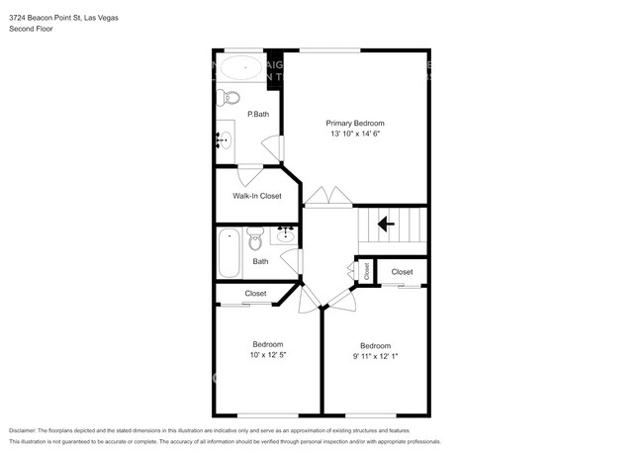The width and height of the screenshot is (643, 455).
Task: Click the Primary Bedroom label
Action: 355,123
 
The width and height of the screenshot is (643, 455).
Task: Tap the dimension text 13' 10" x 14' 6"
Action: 355,135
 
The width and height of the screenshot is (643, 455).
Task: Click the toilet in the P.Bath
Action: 230,97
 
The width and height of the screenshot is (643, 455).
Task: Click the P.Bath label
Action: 258,115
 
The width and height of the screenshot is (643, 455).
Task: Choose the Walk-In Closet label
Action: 256,196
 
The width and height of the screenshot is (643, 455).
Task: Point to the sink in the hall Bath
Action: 286,234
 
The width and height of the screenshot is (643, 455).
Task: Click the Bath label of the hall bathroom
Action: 260,262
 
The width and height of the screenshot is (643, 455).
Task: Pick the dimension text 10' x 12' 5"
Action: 267,355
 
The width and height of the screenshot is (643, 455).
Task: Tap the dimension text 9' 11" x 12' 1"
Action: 375,356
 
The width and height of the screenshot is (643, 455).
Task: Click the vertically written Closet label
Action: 366,271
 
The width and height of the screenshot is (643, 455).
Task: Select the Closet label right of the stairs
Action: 402,272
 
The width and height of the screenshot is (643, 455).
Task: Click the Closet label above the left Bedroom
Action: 255,294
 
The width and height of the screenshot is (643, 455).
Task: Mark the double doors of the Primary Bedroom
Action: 327,198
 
